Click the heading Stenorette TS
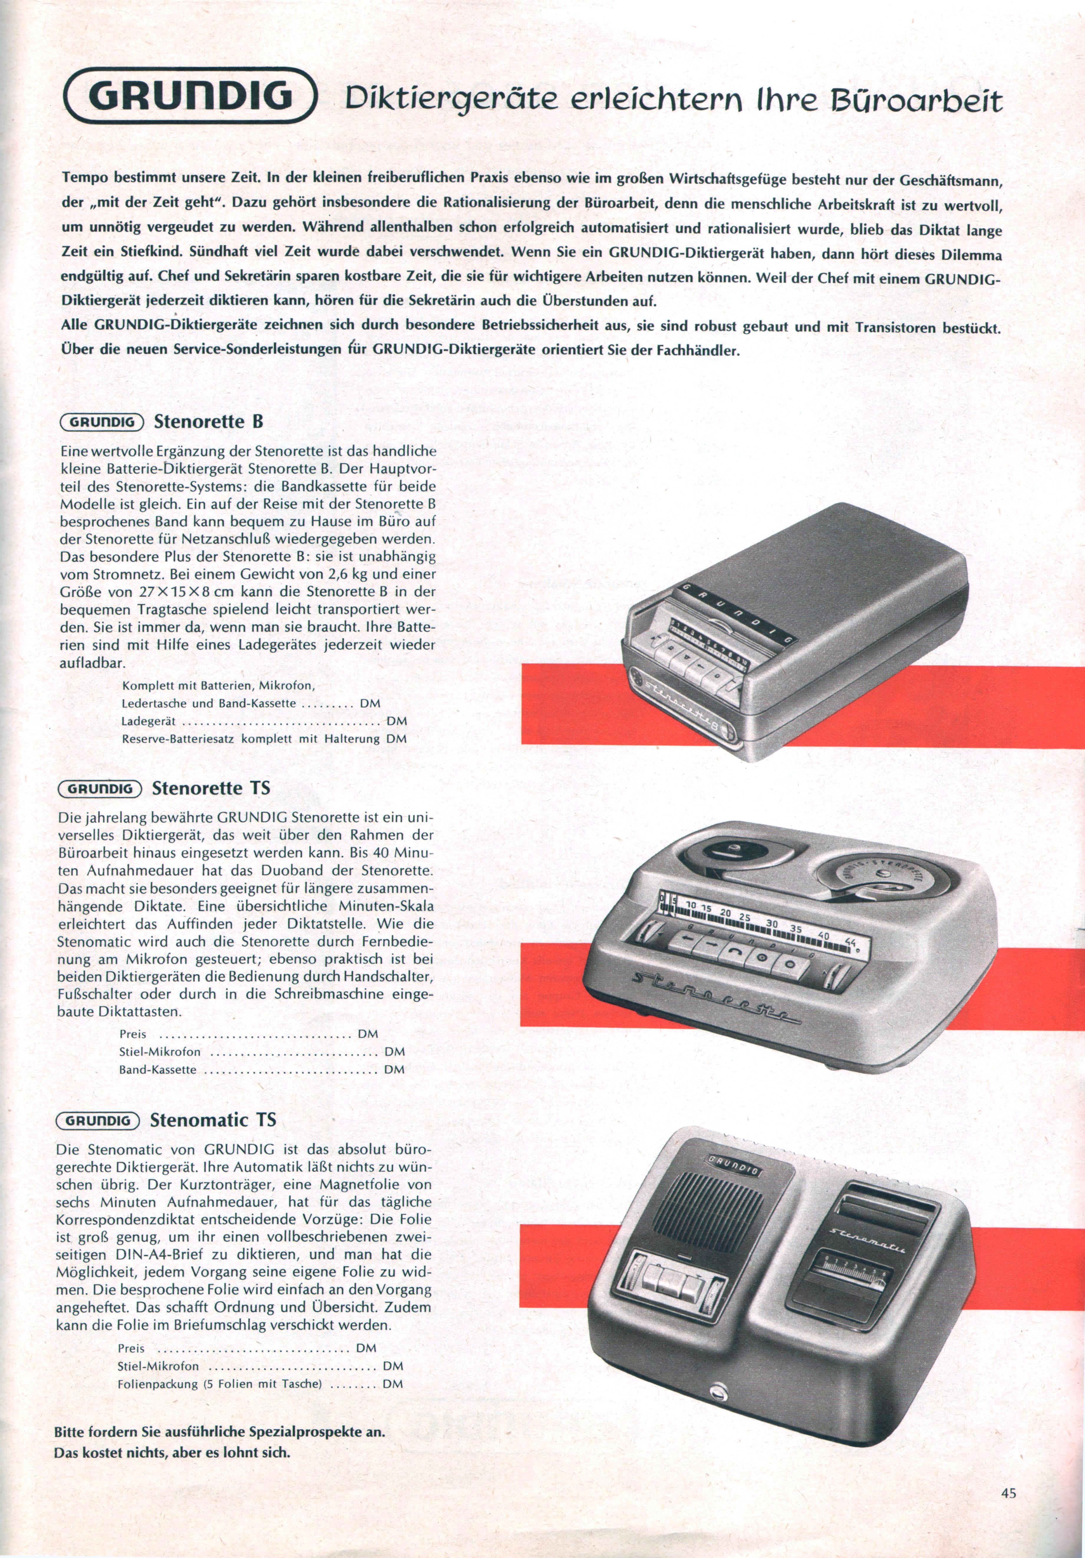[211, 788]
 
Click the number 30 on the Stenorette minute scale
[771, 923]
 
